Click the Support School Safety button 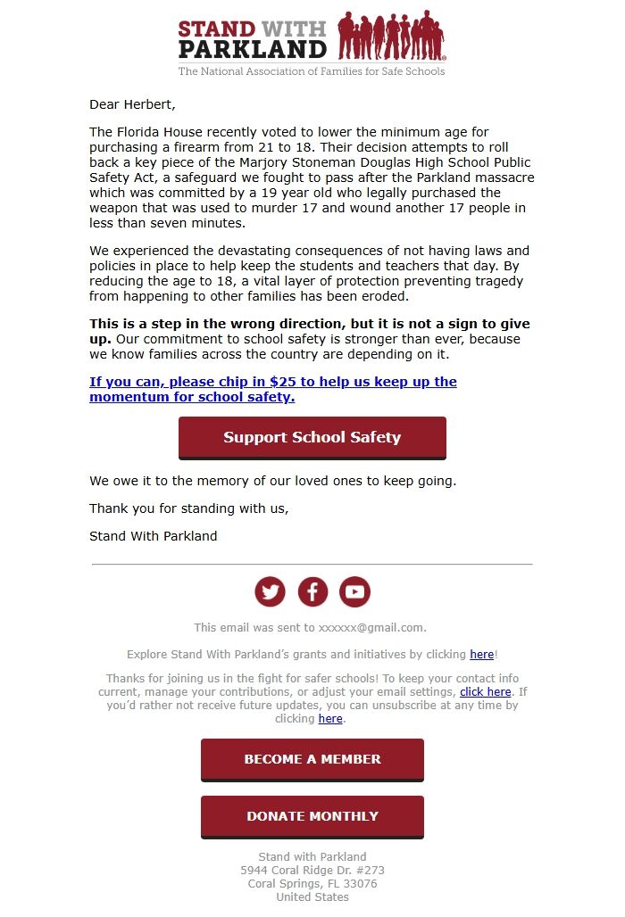pyautogui.click(x=312, y=437)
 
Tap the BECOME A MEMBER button pyautogui.click(x=312, y=759)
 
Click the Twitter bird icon pyautogui.click(x=270, y=591)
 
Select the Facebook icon pyautogui.click(x=312, y=591)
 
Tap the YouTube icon pyautogui.click(x=354, y=591)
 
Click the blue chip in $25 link pyautogui.click(x=272, y=389)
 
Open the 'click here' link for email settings pyautogui.click(x=485, y=691)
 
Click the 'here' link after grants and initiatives pyautogui.click(x=481, y=654)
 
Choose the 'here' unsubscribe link pyautogui.click(x=330, y=718)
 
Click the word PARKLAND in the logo pyautogui.click(x=253, y=48)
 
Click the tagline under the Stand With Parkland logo pyautogui.click(x=312, y=71)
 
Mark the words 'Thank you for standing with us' pyautogui.click(x=188, y=508)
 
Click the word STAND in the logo pyautogui.click(x=217, y=29)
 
